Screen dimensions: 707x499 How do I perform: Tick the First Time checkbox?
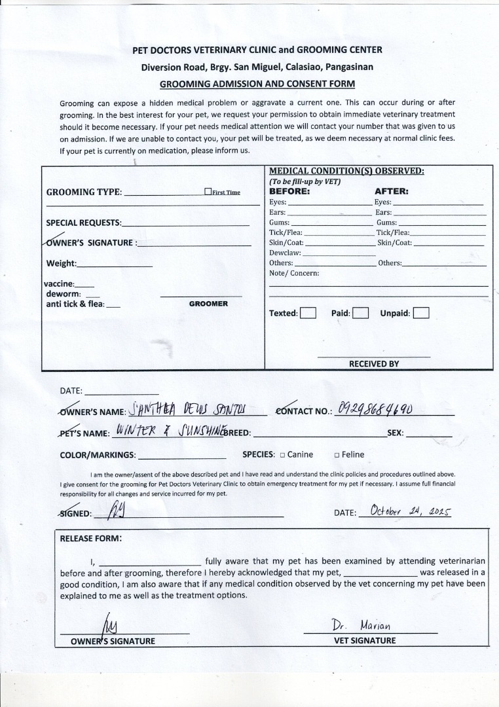tap(208, 192)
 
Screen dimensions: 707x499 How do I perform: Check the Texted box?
tap(308, 313)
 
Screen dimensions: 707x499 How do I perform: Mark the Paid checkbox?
tap(361, 313)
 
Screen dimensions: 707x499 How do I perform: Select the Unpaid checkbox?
tap(421, 313)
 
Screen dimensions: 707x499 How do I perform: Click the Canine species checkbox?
tap(282, 455)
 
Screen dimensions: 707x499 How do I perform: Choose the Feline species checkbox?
tap(336, 455)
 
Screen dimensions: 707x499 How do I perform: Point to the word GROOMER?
tap(208, 304)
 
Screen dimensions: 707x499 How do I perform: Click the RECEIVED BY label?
tap(374, 363)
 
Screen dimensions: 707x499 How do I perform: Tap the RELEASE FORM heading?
tap(90, 539)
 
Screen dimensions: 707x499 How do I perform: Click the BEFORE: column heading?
tap(289, 192)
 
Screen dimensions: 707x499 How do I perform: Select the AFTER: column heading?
tap(391, 192)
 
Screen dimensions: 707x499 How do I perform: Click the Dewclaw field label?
tap(285, 252)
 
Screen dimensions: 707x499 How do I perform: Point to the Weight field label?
tap(61, 264)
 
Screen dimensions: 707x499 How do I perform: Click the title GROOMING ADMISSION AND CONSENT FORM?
tap(257, 84)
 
